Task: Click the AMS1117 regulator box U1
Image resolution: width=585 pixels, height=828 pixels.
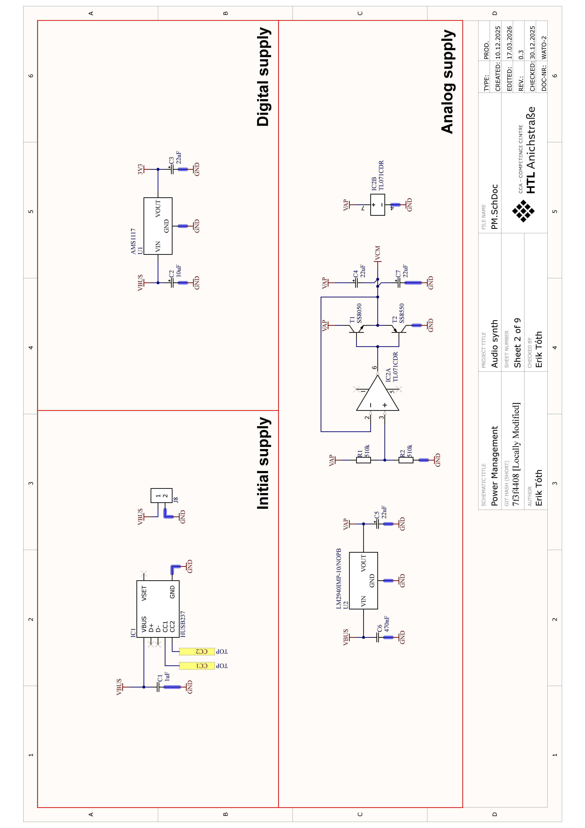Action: pyautogui.click(x=158, y=226)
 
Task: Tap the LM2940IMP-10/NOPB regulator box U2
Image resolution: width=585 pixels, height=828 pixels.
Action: pyautogui.click(x=363, y=581)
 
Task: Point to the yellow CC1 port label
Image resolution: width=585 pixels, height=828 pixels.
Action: pyautogui.click(x=197, y=666)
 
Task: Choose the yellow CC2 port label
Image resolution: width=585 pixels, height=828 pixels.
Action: pyautogui.click(x=197, y=652)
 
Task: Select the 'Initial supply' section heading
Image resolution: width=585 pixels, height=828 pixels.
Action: pyautogui.click(x=263, y=463)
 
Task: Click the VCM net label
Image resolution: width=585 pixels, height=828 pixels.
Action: pyautogui.click(x=377, y=253)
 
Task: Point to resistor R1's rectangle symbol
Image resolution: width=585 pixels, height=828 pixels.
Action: pyautogui.click(x=363, y=460)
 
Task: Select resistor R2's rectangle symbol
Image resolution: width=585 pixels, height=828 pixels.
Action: pyautogui.click(x=406, y=460)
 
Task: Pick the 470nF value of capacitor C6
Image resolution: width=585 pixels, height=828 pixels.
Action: pyautogui.click(x=387, y=624)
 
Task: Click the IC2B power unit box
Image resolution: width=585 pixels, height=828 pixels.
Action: pyautogui.click(x=377, y=205)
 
